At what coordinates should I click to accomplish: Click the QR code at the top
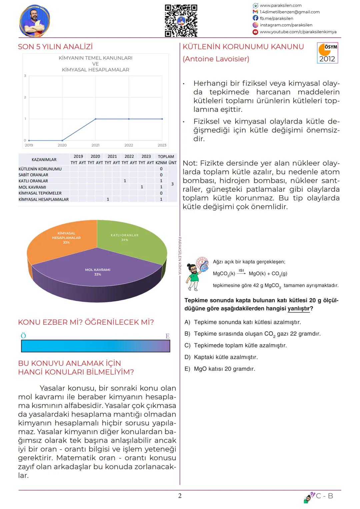click(x=181, y=21)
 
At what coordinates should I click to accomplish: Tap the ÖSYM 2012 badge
click(x=327, y=53)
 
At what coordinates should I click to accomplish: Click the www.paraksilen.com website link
click(x=281, y=5)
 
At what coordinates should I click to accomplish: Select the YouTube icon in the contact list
click(x=255, y=32)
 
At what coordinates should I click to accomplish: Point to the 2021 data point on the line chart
click(x=96, y=119)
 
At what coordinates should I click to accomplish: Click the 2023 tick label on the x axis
click(x=162, y=145)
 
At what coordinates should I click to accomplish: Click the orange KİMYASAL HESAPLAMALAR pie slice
click(x=60, y=242)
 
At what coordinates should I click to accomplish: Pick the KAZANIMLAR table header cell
click(x=44, y=159)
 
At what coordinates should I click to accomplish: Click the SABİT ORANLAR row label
click(x=33, y=175)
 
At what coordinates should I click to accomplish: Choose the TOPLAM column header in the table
click(x=166, y=156)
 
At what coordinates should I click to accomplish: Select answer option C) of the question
click(x=236, y=345)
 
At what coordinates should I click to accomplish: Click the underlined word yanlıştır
click(x=299, y=308)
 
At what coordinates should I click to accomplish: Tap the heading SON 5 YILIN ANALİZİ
click(x=55, y=47)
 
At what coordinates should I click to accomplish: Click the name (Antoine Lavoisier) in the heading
click(x=216, y=59)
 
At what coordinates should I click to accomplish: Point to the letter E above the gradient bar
click(x=167, y=336)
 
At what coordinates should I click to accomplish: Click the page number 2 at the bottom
click(x=180, y=496)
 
